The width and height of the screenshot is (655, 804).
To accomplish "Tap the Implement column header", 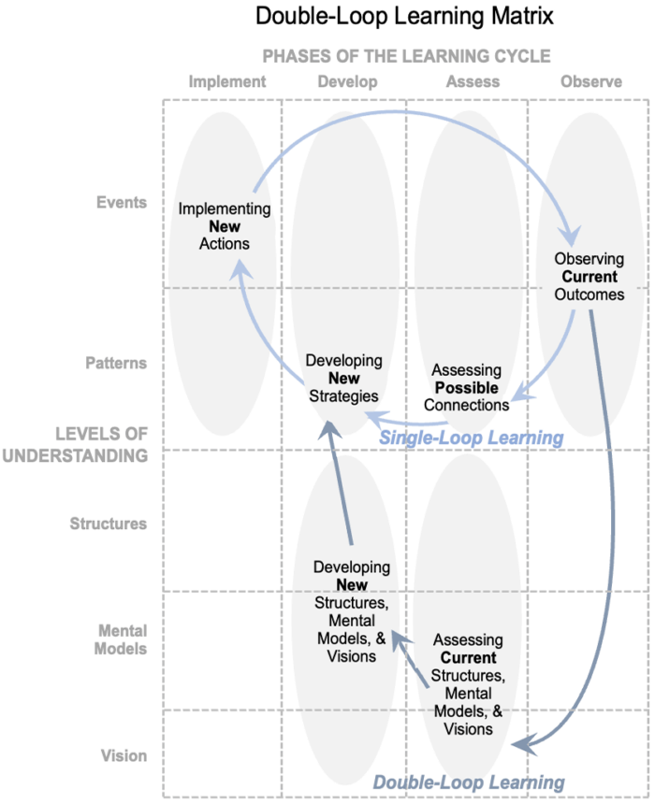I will (227, 81).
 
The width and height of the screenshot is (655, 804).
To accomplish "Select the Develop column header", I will (347, 81).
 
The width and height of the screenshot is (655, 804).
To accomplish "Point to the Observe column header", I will (591, 81).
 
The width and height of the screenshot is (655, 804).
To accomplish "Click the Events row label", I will (122, 202).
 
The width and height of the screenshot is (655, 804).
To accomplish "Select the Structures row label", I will (109, 524).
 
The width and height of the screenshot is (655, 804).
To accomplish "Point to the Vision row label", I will (124, 755).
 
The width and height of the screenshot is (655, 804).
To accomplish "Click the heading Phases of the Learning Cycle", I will (406, 56).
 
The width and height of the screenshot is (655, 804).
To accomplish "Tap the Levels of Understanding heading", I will (101, 445).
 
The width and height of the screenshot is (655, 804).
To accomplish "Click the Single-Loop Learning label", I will (471, 438).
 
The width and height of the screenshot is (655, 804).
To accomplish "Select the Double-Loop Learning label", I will (469, 782).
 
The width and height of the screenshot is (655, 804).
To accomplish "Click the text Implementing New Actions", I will (225, 226).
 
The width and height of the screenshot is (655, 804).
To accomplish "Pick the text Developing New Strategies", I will (344, 378).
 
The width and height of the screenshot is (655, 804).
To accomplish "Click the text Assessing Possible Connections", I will (467, 388).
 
